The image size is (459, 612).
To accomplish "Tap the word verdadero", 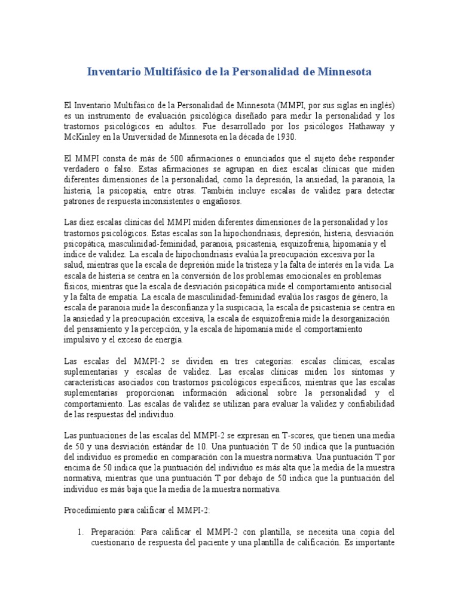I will [84, 169].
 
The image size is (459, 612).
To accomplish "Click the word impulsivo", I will [84, 339].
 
